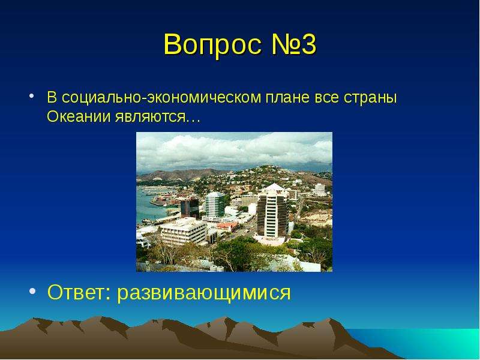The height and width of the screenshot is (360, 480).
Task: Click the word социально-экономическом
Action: coord(161,98)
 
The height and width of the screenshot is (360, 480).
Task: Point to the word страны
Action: coord(370,98)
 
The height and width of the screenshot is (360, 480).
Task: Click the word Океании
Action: coord(79,116)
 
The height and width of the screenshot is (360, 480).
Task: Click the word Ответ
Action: coord(79,292)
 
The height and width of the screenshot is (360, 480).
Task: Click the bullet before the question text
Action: coord(32,96)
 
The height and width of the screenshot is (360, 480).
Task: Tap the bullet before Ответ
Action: coord(32,291)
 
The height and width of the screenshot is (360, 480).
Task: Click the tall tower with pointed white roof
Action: coord(272,211)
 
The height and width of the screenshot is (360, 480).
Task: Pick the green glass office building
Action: coord(215,204)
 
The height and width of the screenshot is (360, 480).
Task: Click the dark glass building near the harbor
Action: coord(190,207)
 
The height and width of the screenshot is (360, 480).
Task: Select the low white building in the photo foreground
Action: coord(184,230)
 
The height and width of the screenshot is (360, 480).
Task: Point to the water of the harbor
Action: coord(148,205)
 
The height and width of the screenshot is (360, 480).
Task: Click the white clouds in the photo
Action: coord(234,151)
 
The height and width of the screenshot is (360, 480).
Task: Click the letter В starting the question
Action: coord(52,97)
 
